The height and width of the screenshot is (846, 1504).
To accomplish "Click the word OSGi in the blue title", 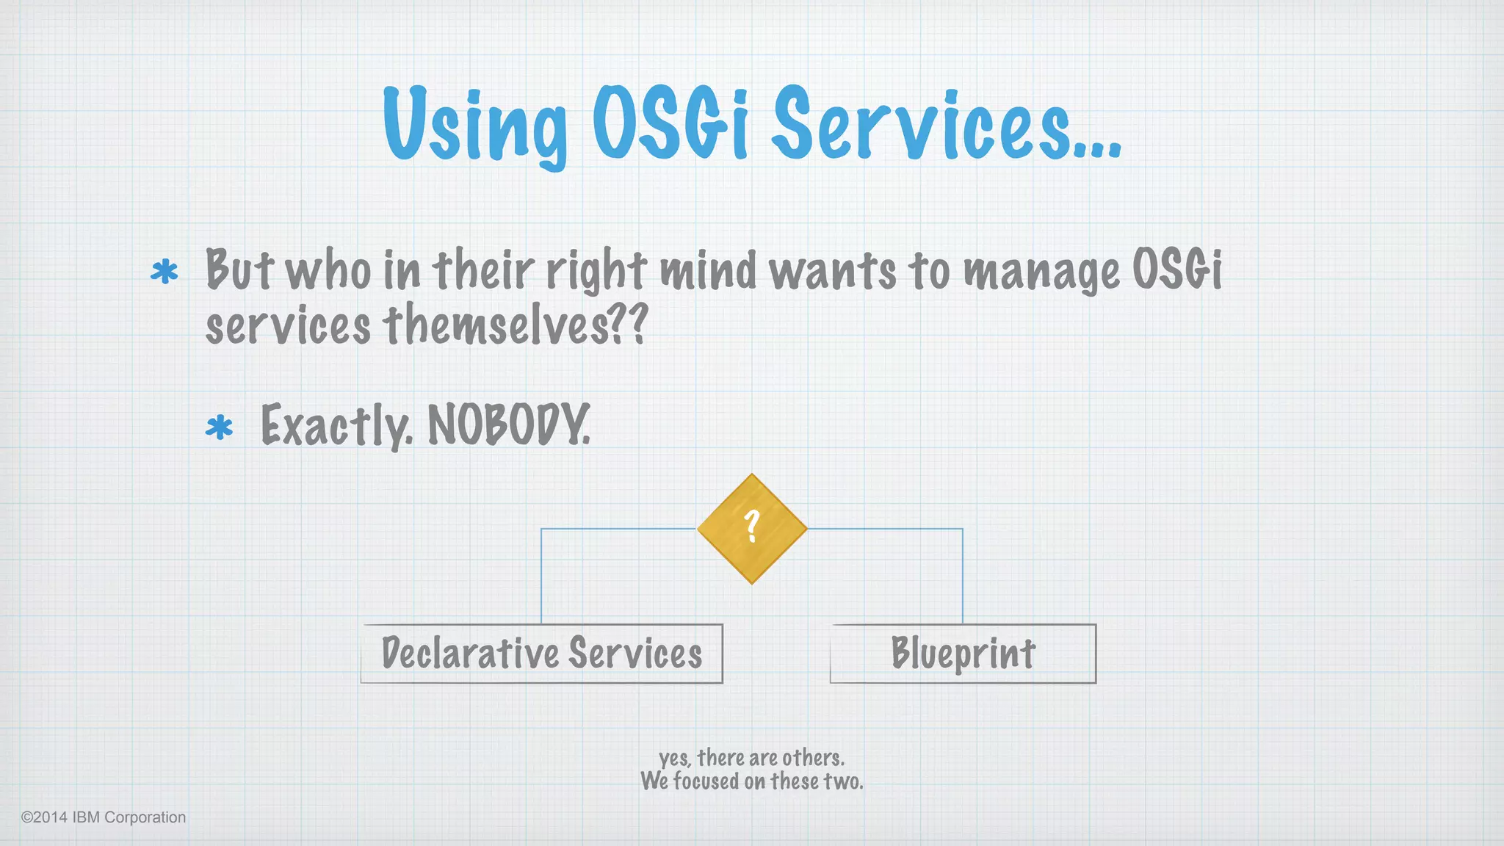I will tap(670, 123).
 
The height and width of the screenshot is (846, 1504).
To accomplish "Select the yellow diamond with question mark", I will tap(752, 529).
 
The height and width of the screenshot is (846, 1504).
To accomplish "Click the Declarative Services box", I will tap(542, 654).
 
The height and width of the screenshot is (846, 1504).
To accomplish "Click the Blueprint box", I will tap(963, 654).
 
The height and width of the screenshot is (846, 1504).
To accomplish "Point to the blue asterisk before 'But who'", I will tap(164, 272).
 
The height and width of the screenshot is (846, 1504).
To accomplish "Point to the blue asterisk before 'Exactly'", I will tap(219, 427).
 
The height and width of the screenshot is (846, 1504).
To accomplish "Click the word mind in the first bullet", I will tap(708, 270).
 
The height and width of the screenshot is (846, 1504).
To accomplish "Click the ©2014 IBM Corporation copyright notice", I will tap(104, 817).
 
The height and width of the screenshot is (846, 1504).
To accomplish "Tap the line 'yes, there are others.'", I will tap(751, 757).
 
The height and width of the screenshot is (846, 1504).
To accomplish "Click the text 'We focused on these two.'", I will tap(751, 781).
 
